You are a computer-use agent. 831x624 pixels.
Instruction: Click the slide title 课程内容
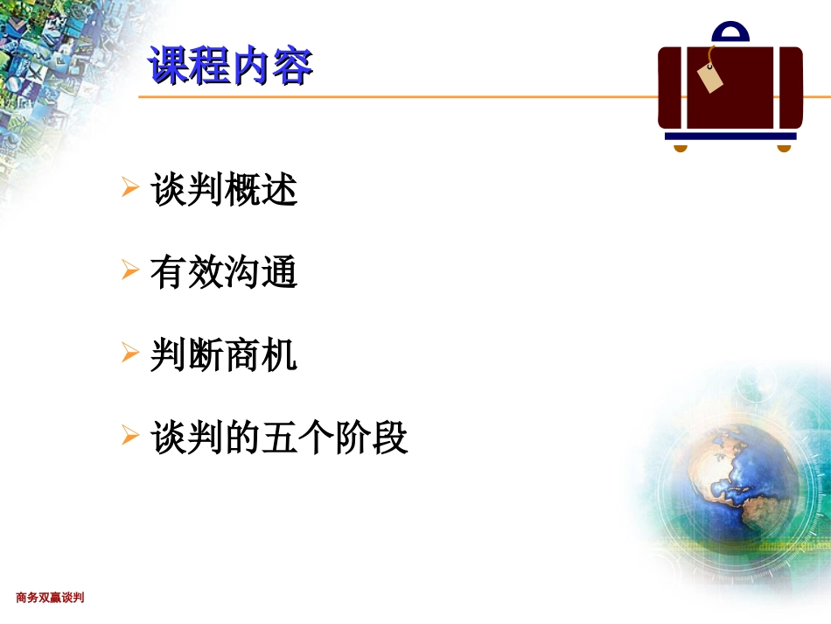pos(230,67)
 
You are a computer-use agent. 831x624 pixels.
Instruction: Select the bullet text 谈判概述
pos(225,190)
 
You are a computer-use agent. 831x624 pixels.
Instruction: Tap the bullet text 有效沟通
pos(224,273)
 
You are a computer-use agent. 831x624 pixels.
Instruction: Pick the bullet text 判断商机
pos(224,355)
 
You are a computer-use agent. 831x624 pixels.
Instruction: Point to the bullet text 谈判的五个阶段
pos(280,438)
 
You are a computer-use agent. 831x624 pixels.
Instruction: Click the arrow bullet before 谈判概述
pos(130,187)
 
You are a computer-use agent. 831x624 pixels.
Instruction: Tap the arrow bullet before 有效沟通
pos(130,270)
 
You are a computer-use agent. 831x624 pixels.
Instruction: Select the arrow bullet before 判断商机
pos(130,353)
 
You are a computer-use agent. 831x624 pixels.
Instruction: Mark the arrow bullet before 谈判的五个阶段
pos(130,435)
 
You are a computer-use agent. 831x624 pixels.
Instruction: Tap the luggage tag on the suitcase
pos(710,78)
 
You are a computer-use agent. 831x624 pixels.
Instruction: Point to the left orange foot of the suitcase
pos(681,147)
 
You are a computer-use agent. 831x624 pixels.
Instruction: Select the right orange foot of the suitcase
pos(784,147)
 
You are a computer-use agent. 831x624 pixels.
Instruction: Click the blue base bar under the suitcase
pos(730,137)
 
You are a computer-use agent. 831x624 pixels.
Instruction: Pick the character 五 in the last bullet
pos(280,438)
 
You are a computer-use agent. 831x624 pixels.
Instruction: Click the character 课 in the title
pos(169,67)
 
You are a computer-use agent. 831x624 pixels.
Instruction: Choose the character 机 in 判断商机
pos(280,355)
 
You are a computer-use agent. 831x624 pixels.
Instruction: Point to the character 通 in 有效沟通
pos(280,273)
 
